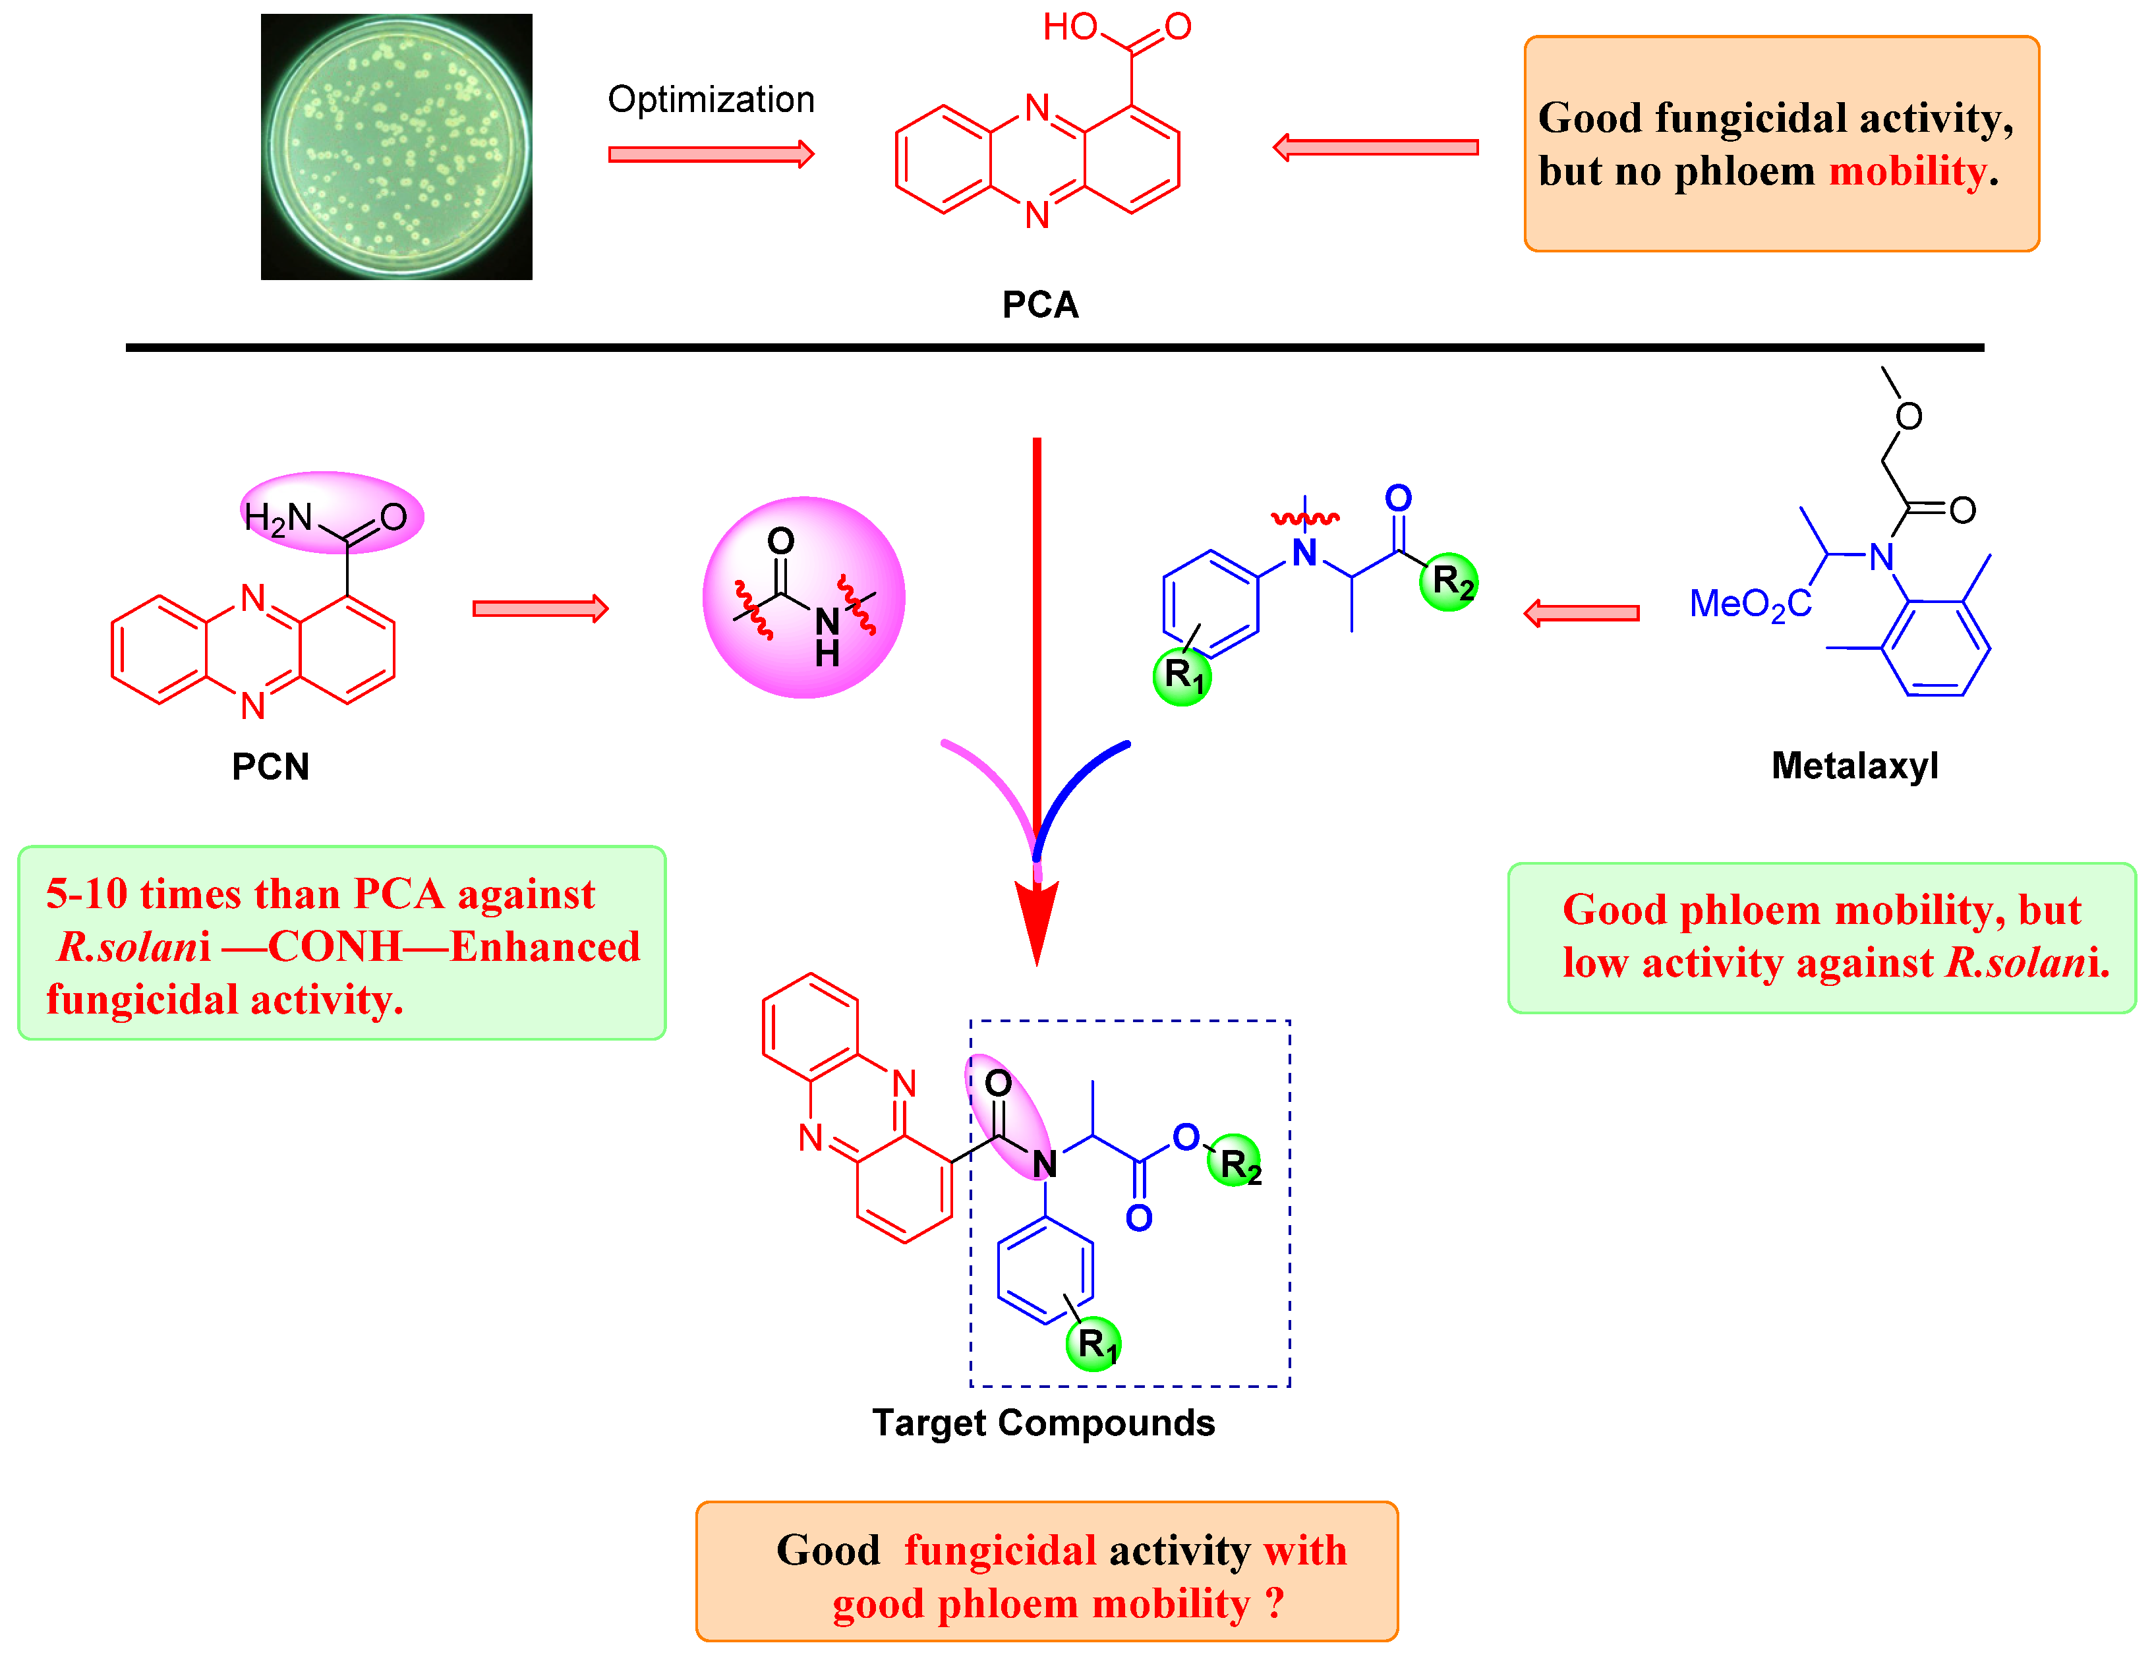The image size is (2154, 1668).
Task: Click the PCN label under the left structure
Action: pos(270,766)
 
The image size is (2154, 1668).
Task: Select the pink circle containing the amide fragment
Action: pos(804,598)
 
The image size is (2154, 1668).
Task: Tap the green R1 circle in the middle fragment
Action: pos(1182,676)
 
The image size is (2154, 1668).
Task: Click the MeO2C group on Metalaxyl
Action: pos(1750,604)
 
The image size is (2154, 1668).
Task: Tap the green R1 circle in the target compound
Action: pos(1093,1344)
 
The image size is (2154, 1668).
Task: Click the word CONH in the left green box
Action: pos(335,947)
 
